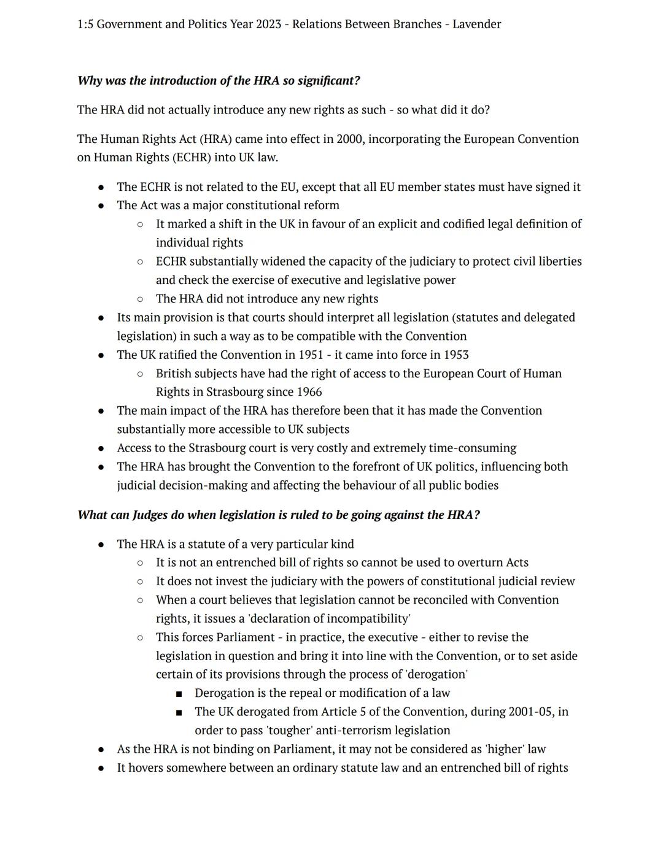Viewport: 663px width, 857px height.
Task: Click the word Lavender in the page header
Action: tap(476, 25)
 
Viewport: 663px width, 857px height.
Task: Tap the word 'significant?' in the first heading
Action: tap(329, 81)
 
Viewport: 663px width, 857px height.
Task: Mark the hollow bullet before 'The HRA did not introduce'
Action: tap(140, 299)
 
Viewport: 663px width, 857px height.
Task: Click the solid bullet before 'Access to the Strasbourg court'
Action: tap(101, 448)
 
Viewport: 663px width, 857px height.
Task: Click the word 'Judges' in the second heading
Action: tap(150, 515)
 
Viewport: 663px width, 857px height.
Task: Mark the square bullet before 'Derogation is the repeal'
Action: tap(179, 694)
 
